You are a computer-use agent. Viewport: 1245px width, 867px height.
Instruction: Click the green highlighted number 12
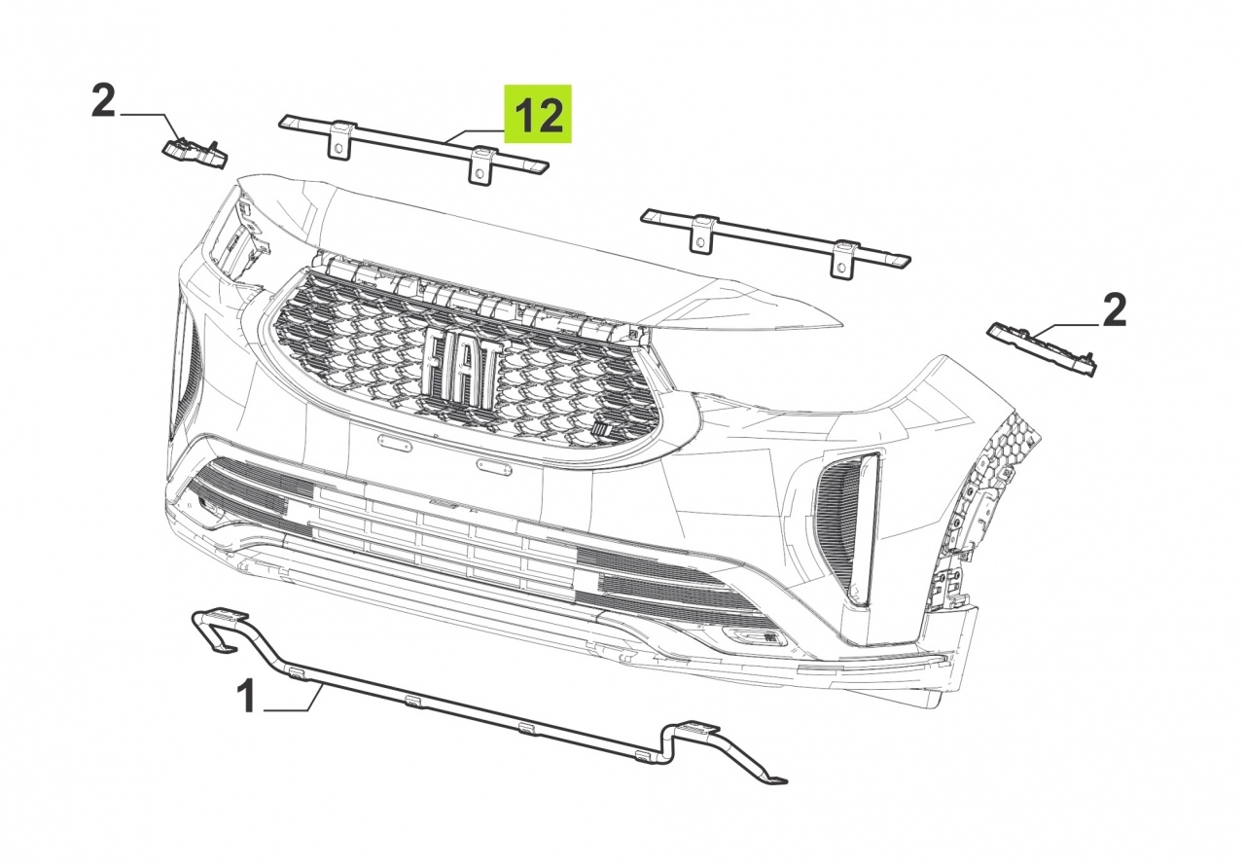538,114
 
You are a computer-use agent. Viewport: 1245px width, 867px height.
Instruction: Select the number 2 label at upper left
103,100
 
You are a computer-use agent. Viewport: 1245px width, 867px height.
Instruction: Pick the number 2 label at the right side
1114,310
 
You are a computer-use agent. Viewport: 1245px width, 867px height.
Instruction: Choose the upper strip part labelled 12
413,146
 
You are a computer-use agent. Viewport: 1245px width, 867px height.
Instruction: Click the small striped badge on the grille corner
601,429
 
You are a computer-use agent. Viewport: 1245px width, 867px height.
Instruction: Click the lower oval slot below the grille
493,467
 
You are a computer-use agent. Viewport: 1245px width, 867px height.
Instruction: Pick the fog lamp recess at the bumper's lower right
755,635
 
